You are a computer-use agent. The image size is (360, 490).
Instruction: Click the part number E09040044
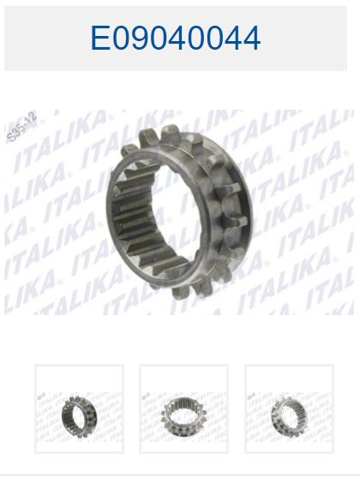coord(176,38)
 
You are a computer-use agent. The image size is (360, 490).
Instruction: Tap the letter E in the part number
coord(99,38)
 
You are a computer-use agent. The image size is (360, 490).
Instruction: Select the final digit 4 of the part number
coord(250,38)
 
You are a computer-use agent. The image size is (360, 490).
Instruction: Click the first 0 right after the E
coord(123,38)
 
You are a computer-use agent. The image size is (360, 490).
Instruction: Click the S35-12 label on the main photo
coord(21,126)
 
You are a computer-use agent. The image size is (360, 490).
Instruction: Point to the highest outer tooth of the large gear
coord(171,131)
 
